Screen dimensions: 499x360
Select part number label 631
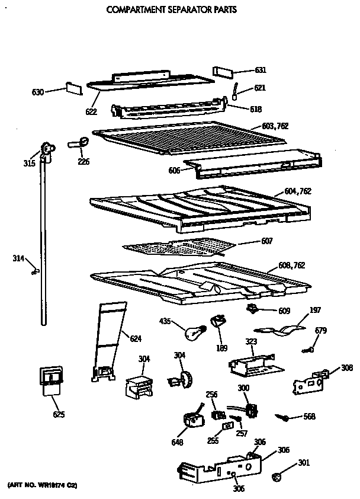(x=261, y=71)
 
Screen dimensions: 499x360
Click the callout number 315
(x=29, y=164)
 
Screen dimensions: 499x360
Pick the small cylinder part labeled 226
(x=79, y=143)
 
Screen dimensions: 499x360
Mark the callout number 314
(x=19, y=258)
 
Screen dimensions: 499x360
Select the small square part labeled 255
(x=226, y=426)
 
